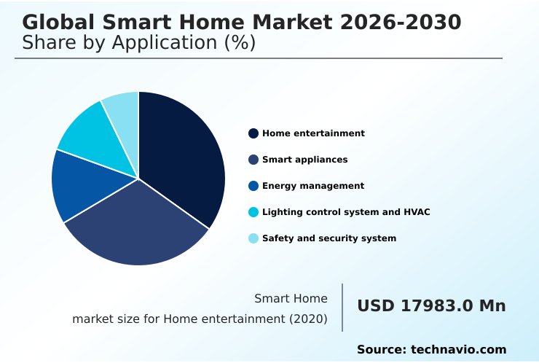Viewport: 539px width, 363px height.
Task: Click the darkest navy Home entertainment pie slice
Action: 182,157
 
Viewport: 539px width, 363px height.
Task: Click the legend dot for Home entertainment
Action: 253,133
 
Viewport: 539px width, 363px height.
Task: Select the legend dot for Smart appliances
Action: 253,160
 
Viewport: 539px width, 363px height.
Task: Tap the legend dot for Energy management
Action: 253,186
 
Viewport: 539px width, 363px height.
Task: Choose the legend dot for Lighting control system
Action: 253,212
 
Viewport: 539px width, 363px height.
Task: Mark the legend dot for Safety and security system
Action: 253,238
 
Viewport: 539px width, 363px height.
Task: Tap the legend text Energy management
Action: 313,186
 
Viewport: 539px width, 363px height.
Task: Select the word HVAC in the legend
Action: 417,212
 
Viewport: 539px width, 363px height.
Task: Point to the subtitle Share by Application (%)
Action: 138,43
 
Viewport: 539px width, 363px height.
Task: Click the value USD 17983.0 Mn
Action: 431,305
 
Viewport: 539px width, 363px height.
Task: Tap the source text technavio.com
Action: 458,350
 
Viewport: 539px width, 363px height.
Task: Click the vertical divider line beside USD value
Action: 342,307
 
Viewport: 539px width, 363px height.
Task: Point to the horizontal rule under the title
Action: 259,58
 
